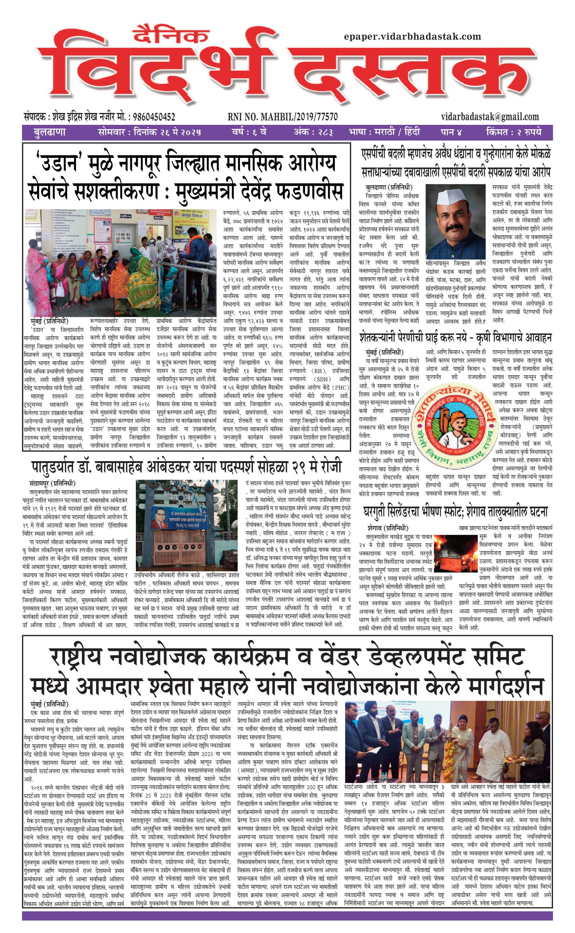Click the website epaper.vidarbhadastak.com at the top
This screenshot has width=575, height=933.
coord(412,37)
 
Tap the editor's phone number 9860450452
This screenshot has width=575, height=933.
coord(152,117)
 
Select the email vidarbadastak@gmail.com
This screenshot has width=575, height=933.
coord(490,117)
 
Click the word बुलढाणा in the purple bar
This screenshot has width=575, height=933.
coord(50,132)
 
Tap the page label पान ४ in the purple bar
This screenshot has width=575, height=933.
coord(451,132)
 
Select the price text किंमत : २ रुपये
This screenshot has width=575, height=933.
coord(513,132)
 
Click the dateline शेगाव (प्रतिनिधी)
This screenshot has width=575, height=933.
coord(388,528)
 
